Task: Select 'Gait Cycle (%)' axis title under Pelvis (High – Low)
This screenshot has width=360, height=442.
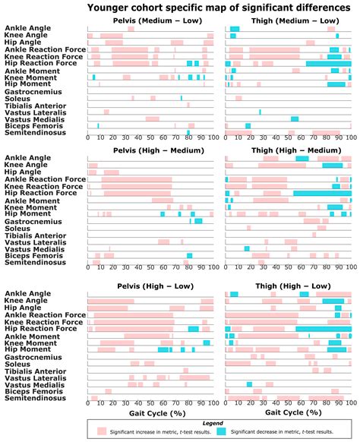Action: (150, 413)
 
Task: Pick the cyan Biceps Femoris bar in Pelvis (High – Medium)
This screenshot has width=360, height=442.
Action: (189, 255)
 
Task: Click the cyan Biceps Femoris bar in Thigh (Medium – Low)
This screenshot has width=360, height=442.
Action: (248, 125)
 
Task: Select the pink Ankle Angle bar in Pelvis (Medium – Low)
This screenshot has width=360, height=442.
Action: (131, 29)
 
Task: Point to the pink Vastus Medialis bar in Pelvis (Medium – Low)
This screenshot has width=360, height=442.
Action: (153, 118)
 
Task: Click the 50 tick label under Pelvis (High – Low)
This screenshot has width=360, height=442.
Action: (150, 403)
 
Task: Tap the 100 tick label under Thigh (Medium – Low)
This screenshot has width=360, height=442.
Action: (350, 139)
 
